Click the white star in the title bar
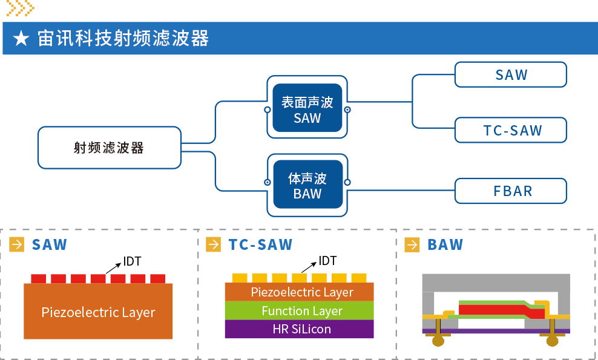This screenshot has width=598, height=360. click(x=21, y=39)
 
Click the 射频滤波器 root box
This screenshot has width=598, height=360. click(x=109, y=148)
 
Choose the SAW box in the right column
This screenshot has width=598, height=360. click(x=510, y=74)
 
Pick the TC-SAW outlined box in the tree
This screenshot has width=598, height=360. click(x=510, y=130)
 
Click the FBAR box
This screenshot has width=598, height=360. click(x=510, y=191)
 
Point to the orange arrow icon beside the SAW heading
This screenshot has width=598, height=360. click(x=17, y=244)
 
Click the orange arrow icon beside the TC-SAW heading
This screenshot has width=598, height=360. click(x=214, y=244)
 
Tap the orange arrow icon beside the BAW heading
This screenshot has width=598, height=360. click(x=412, y=244)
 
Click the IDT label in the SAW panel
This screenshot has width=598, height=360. click(x=132, y=261)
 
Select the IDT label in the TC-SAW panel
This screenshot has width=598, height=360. click(x=327, y=261)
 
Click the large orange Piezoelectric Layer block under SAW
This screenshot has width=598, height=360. click(x=98, y=312)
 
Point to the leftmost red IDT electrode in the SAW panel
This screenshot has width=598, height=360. click(x=38, y=279)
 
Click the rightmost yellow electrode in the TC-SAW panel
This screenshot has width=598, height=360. click(x=359, y=278)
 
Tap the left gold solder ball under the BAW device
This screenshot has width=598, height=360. click(x=438, y=341)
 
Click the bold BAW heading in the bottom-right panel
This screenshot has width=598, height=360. click(x=445, y=244)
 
